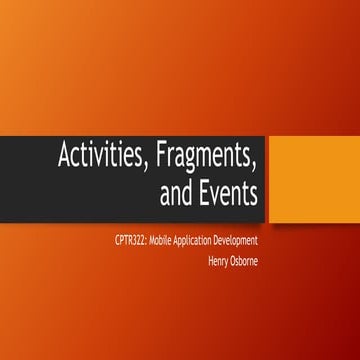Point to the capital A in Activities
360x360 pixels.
(x=65, y=158)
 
